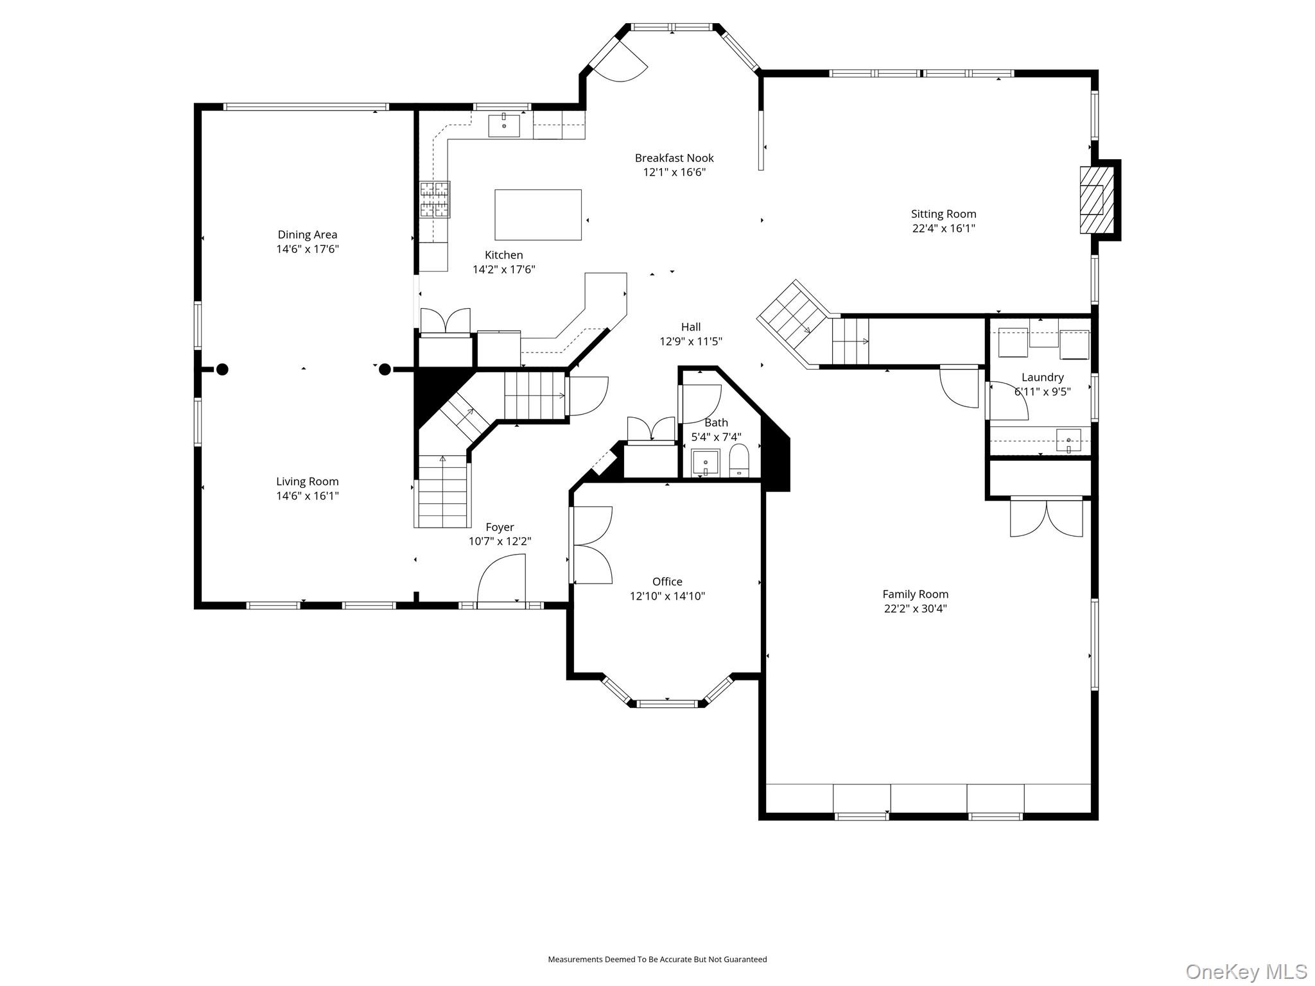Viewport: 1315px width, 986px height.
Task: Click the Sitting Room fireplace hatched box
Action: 1097,200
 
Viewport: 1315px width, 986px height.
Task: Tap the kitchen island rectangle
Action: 538,214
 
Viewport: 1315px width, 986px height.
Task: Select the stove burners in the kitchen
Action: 435,199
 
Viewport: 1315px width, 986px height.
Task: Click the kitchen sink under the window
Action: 504,125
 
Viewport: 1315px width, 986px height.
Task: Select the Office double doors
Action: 592,545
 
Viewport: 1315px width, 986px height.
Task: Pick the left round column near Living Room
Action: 222,369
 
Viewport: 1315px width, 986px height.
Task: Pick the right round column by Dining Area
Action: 385,369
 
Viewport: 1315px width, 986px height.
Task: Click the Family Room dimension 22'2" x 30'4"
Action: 915,609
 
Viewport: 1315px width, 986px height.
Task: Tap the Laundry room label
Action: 1042,377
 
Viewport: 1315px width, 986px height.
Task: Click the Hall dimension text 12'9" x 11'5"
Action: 690,342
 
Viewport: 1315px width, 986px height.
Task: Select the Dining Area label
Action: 307,235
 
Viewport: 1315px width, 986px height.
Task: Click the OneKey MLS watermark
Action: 1246,971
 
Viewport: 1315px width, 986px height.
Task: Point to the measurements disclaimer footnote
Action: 657,959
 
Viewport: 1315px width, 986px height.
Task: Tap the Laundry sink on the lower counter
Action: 1068,440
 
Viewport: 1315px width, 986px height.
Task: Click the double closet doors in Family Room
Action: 1047,519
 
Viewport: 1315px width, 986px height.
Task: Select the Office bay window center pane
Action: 667,704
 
